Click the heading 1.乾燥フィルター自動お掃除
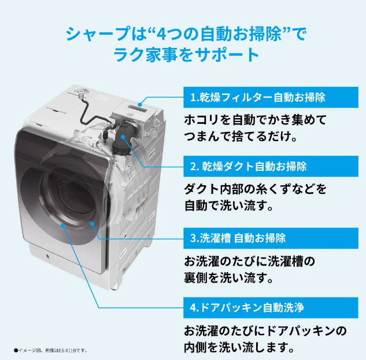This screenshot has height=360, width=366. (258, 97)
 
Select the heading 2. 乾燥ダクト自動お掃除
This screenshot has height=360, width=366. (249, 166)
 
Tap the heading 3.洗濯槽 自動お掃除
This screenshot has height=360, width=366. (238, 238)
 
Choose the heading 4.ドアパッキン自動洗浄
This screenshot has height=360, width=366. (247, 307)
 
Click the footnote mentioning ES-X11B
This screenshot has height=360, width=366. (51, 350)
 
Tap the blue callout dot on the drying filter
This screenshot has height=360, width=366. (140, 105)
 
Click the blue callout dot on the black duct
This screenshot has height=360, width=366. (123, 137)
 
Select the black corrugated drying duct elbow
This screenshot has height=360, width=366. (124, 138)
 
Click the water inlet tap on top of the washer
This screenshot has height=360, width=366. (80, 93)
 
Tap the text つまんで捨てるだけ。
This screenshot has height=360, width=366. (241, 137)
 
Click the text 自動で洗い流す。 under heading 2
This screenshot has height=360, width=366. (229, 205)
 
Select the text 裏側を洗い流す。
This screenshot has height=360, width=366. (229, 278)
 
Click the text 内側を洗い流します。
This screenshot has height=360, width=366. (239, 347)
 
